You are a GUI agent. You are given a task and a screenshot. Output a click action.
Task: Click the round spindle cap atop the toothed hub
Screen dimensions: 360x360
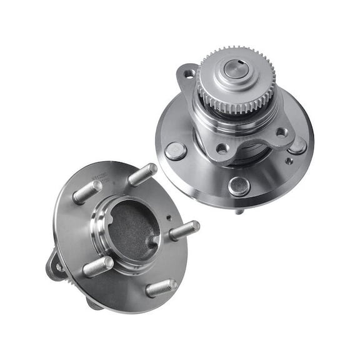[236, 69]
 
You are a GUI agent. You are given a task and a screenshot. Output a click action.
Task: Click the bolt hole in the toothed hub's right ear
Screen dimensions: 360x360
[282, 132]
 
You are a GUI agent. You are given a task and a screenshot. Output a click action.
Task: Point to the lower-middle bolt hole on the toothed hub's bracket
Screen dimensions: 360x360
[222, 149]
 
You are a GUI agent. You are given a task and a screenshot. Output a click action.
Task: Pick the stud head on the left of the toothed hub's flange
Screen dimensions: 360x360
[176, 151]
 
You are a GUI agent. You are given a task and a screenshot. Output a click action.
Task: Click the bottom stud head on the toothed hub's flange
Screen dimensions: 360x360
[239, 185]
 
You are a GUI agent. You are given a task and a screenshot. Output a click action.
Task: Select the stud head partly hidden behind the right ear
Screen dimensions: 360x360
[299, 145]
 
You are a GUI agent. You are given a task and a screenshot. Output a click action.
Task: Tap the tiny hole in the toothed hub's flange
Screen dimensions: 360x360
[288, 161]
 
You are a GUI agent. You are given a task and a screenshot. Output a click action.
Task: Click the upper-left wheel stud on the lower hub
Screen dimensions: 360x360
[87, 191]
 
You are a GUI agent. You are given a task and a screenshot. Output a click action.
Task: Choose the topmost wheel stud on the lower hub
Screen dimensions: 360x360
[142, 174]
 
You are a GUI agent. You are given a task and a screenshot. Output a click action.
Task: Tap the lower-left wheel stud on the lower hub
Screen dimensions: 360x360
[99, 267]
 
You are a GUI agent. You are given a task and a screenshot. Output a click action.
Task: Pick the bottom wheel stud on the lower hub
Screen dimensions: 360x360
[161, 288]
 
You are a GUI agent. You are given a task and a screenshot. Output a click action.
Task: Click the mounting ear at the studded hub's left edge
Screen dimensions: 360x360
[55, 265]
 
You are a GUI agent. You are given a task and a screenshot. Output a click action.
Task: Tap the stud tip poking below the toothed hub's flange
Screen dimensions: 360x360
[239, 211]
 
